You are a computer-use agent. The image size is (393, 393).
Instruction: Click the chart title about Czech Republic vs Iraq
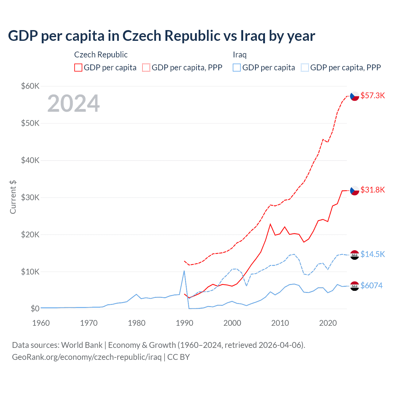click(161, 36)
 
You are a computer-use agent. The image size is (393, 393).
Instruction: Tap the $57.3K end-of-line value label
click(372, 95)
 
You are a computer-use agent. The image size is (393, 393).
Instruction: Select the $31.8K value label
click(372, 190)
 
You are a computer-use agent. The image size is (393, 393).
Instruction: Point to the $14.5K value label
click(372, 254)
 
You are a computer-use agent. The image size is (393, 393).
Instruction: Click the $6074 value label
click(372, 286)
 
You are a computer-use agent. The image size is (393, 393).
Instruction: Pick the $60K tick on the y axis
click(30, 86)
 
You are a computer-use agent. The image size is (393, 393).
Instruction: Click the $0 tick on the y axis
click(35, 309)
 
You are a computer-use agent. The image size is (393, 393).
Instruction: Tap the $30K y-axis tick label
click(30, 197)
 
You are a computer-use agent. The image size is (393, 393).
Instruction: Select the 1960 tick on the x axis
click(41, 323)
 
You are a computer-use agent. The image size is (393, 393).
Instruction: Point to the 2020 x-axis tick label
click(328, 323)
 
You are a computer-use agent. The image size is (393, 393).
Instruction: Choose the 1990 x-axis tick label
click(185, 323)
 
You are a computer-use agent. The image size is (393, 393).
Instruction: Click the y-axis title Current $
click(13, 197)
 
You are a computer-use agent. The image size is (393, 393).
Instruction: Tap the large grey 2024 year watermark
click(74, 103)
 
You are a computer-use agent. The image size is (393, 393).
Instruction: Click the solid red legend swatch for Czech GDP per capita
click(78, 68)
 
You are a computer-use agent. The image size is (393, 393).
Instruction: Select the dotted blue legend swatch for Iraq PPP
click(305, 68)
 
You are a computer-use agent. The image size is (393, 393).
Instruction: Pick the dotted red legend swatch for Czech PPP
click(146, 68)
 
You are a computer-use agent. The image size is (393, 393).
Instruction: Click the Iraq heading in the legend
click(240, 55)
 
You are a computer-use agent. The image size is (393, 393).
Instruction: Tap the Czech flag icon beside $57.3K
click(355, 96)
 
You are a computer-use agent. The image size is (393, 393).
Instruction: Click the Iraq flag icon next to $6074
click(355, 286)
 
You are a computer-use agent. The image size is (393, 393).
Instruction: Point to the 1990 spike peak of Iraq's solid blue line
click(184, 271)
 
